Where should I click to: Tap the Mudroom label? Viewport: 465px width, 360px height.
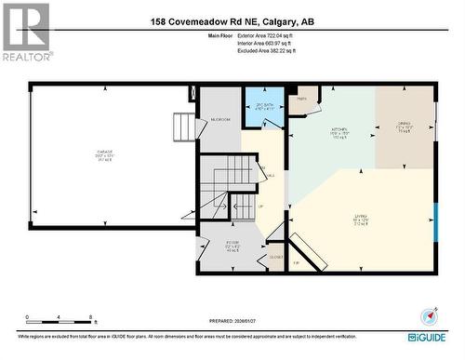220,120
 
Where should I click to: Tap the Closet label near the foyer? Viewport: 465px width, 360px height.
275,255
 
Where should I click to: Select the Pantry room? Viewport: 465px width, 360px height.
302,100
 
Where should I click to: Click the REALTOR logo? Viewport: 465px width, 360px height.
25,33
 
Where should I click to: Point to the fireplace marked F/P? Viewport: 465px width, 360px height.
296,263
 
